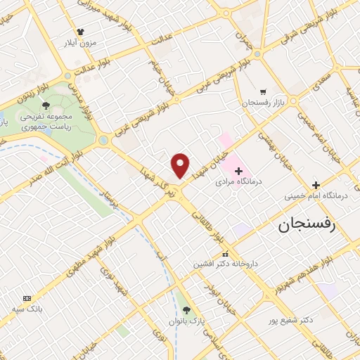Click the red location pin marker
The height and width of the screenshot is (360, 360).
point(181,165)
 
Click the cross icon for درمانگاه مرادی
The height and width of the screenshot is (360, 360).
point(238,170)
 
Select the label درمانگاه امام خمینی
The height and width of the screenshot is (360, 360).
point(316,197)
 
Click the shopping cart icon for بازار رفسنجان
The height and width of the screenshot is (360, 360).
point(262,91)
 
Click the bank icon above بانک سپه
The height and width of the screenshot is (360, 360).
point(27,298)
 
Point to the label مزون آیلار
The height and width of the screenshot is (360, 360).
point(81,43)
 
